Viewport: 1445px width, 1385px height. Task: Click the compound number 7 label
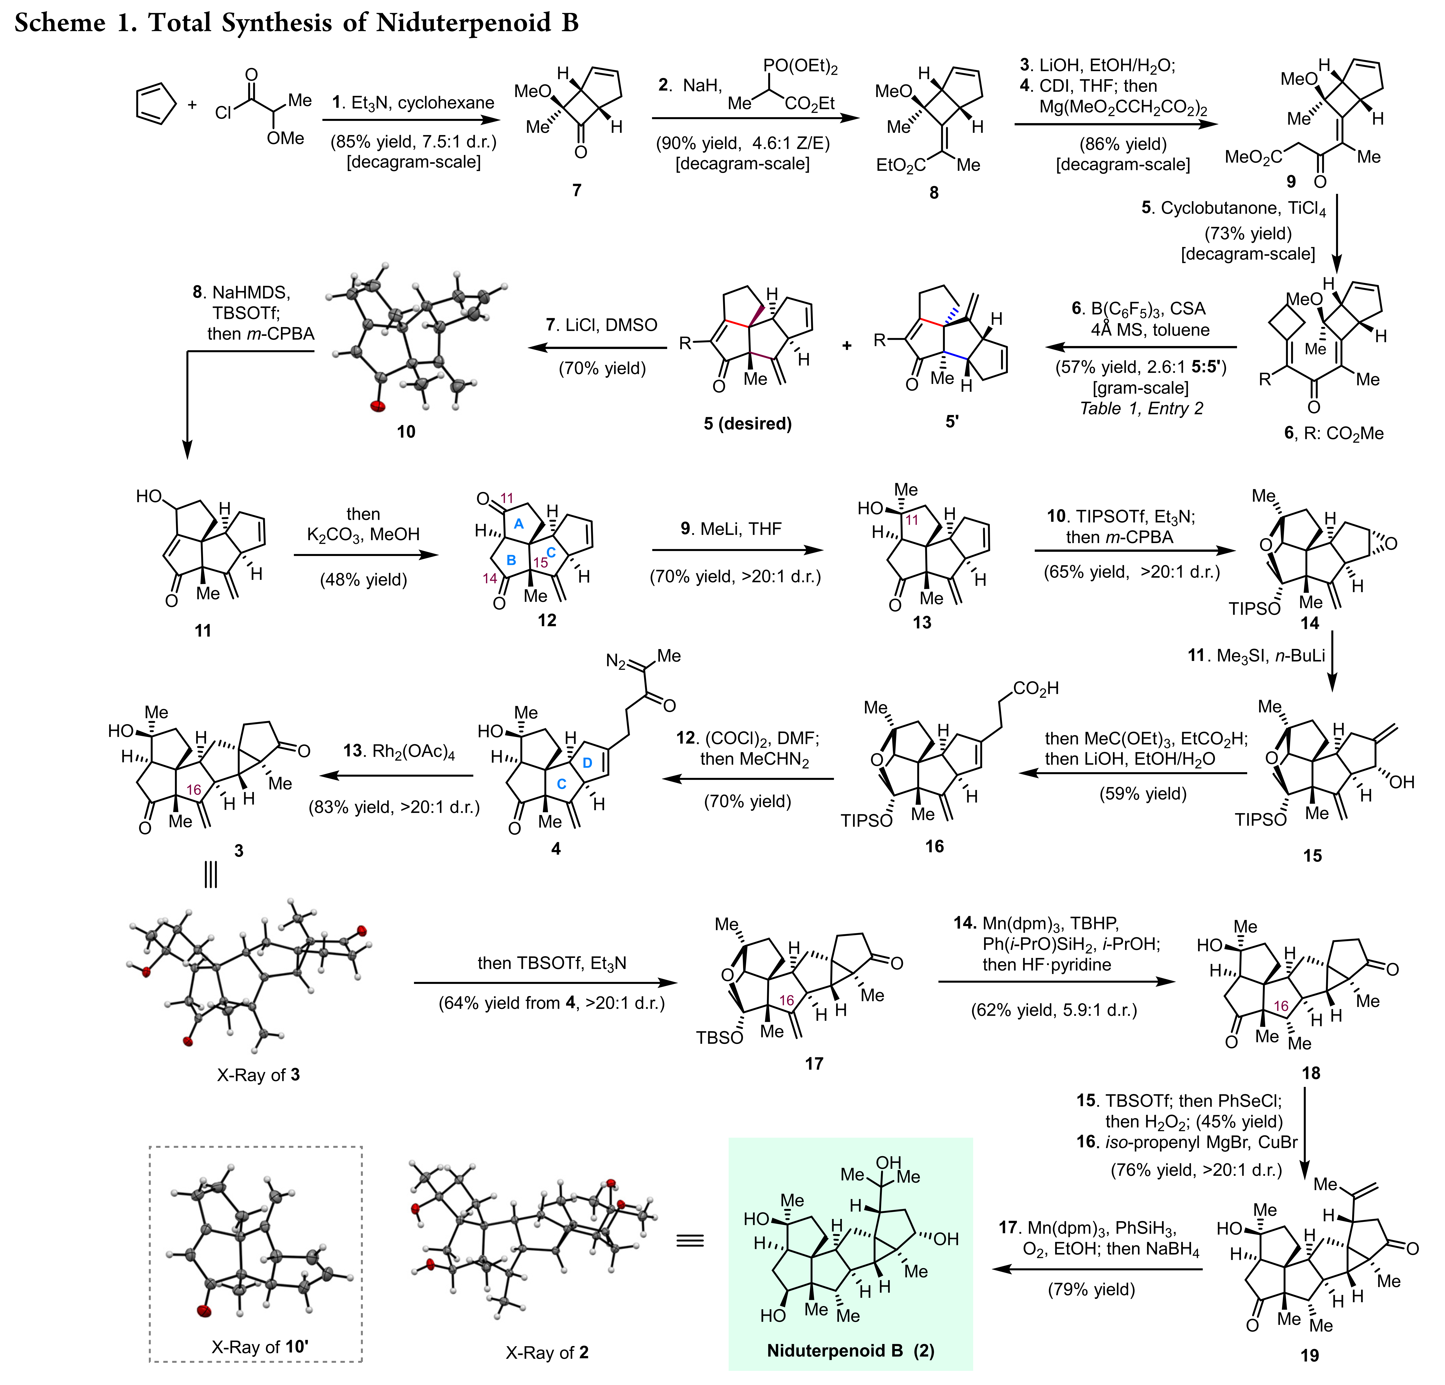tap(577, 190)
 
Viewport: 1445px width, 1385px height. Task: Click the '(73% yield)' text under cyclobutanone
tap(1248, 234)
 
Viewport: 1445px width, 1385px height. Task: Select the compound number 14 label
tap(1309, 623)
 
